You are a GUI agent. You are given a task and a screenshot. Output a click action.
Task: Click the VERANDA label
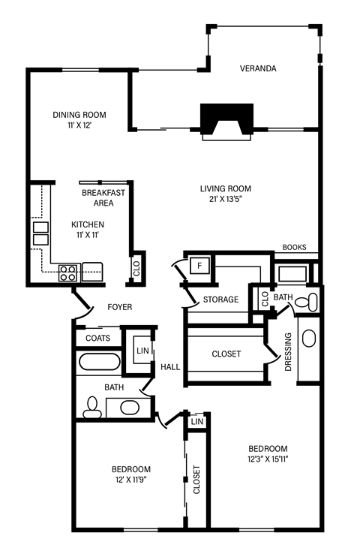[258, 68]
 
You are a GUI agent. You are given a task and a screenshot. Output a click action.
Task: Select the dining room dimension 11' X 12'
[79, 126]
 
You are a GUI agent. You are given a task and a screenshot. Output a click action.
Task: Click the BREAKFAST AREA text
[103, 197]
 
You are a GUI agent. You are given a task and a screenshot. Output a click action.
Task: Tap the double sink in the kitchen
[40, 233]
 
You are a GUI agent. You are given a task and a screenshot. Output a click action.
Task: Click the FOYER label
[120, 306]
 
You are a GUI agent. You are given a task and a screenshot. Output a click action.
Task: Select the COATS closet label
[97, 338]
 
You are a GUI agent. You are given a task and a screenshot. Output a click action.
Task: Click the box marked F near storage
[200, 266]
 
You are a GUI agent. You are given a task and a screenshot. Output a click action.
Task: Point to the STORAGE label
[221, 300]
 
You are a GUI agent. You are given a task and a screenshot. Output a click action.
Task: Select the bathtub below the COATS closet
[98, 364]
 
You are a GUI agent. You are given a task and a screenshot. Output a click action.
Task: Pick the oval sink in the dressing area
[308, 339]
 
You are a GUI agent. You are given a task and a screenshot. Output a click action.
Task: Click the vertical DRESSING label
[288, 353]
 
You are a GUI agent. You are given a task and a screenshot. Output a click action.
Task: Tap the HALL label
[169, 367]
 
